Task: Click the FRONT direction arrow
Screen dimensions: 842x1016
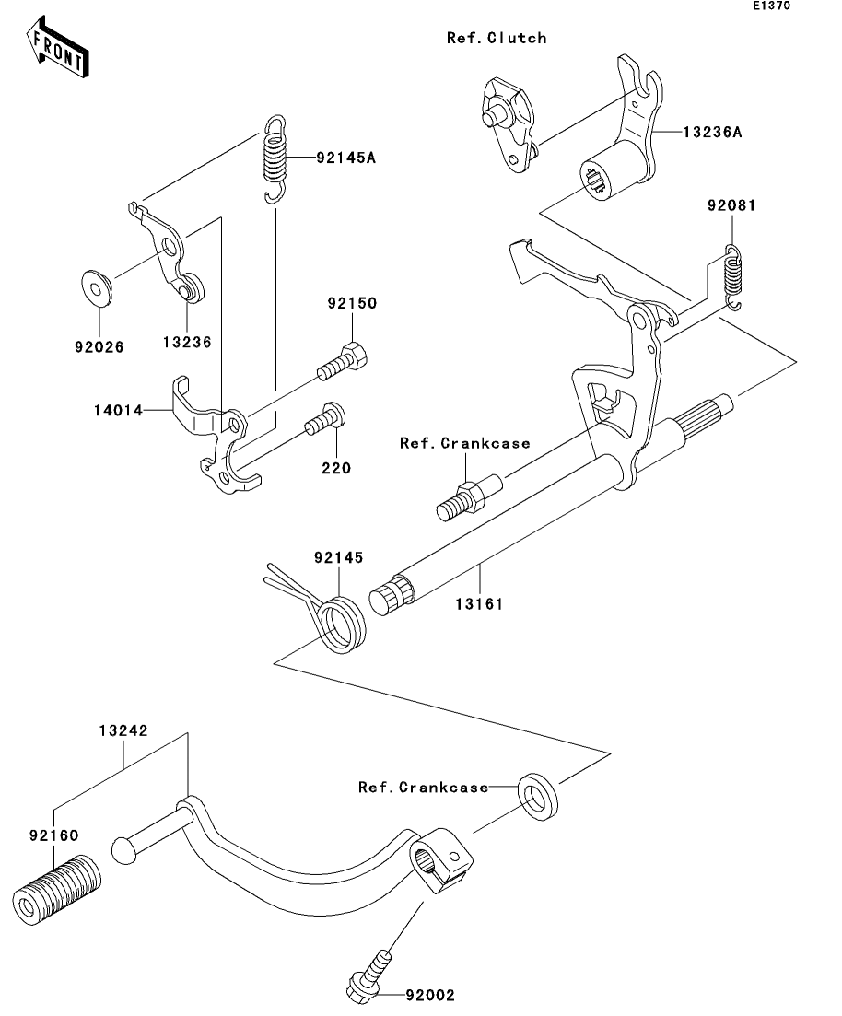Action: click(58, 48)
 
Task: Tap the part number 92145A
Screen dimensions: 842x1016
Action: click(346, 158)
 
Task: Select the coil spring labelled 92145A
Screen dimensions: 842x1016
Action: click(275, 158)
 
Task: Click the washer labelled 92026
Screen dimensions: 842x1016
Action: click(98, 288)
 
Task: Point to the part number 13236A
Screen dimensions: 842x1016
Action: click(712, 133)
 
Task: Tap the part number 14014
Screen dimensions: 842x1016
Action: click(118, 410)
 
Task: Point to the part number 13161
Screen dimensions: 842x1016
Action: click(479, 604)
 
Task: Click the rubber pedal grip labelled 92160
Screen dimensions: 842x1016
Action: click(57, 889)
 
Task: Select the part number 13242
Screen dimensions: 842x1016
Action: click(123, 730)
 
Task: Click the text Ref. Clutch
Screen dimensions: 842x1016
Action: click(497, 39)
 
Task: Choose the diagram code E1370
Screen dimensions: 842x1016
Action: click(771, 6)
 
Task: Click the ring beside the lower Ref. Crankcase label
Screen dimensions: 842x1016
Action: click(537, 796)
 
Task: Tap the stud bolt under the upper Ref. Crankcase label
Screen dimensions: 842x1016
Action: click(469, 497)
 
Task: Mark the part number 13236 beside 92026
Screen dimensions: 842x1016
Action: click(187, 342)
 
